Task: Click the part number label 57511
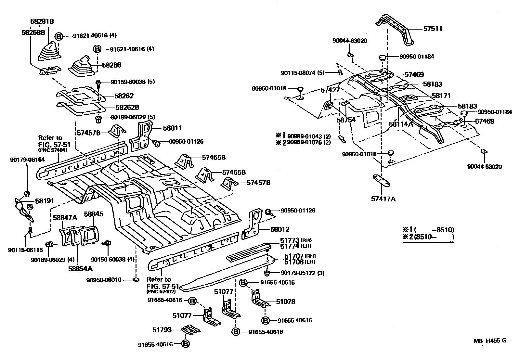coord(433,29)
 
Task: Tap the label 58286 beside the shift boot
coord(112,65)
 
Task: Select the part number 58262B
coord(127,108)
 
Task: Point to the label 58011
coord(172,128)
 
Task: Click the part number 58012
coord(280,229)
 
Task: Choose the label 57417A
coord(383,199)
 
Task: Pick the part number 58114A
coord(401,124)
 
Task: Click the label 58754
coord(346,120)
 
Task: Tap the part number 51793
coord(162,330)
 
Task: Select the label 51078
coord(286,302)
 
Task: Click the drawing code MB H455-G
coord(490,341)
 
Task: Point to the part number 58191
coord(45,201)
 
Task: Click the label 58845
coord(94,214)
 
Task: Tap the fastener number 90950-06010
coord(104,280)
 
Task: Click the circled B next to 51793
coord(185,343)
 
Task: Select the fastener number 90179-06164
coord(27,160)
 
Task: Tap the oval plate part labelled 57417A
coord(381,181)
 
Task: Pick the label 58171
coord(441,96)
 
